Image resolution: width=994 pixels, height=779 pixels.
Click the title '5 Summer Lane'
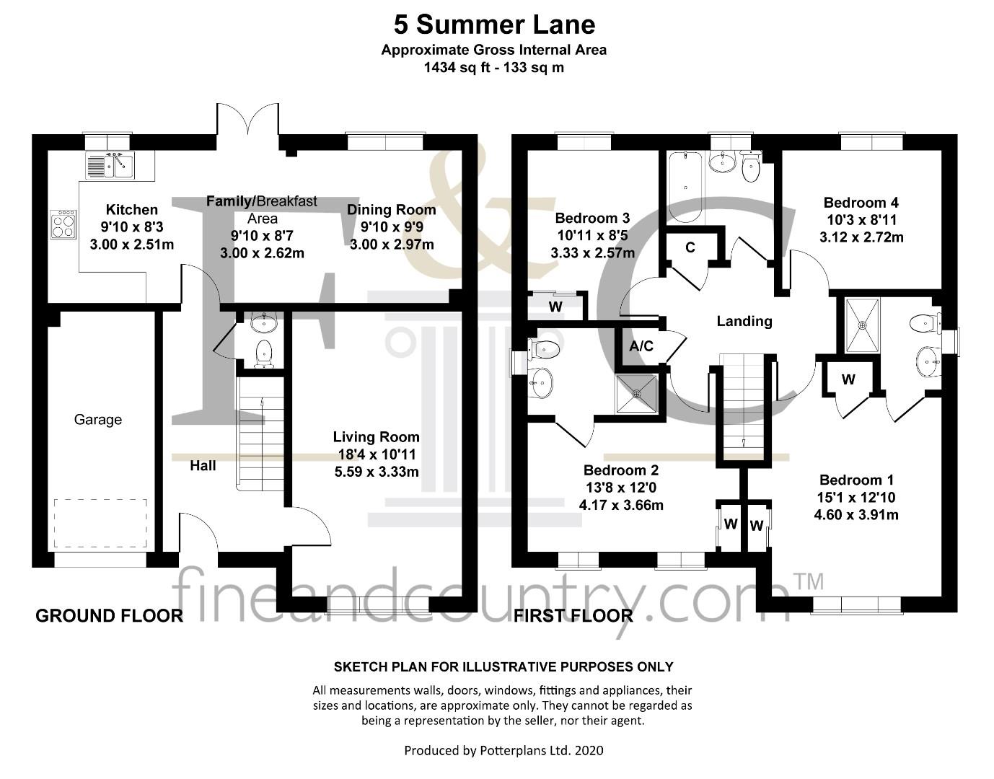pyautogui.click(x=494, y=25)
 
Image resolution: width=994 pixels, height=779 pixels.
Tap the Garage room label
pyautogui.click(x=98, y=420)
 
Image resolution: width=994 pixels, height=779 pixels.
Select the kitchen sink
pyautogui.click(x=110, y=165)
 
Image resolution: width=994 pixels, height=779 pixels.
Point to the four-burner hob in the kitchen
pyautogui.click(x=63, y=224)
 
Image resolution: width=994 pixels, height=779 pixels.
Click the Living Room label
pyautogui.click(x=376, y=437)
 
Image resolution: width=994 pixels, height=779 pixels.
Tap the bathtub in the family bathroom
pyautogui.click(x=685, y=187)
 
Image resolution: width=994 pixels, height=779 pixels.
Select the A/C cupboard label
pyautogui.click(x=641, y=346)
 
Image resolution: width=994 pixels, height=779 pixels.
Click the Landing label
pyautogui.click(x=744, y=321)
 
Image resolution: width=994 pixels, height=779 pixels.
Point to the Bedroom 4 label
pyautogui.click(x=861, y=203)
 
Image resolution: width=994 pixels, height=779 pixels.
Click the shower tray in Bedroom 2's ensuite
pyautogui.click(x=637, y=393)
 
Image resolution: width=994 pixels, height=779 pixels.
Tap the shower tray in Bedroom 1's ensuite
pyautogui.click(x=862, y=325)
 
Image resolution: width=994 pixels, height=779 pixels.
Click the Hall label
pyautogui.click(x=203, y=466)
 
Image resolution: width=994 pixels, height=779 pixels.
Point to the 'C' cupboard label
pyautogui.click(x=690, y=247)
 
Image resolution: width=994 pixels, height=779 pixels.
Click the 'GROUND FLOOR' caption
pyautogui.click(x=109, y=616)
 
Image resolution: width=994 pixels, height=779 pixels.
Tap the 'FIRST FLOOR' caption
pyautogui.click(x=573, y=616)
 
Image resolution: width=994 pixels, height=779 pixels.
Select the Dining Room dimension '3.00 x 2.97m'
pyautogui.click(x=392, y=245)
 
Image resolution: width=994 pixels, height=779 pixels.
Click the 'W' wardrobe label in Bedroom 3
pyautogui.click(x=555, y=307)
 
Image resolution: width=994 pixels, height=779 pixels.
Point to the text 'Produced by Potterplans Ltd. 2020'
pyautogui.click(x=503, y=750)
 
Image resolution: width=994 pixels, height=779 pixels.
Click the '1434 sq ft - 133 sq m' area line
pyautogui.click(x=494, y=68)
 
